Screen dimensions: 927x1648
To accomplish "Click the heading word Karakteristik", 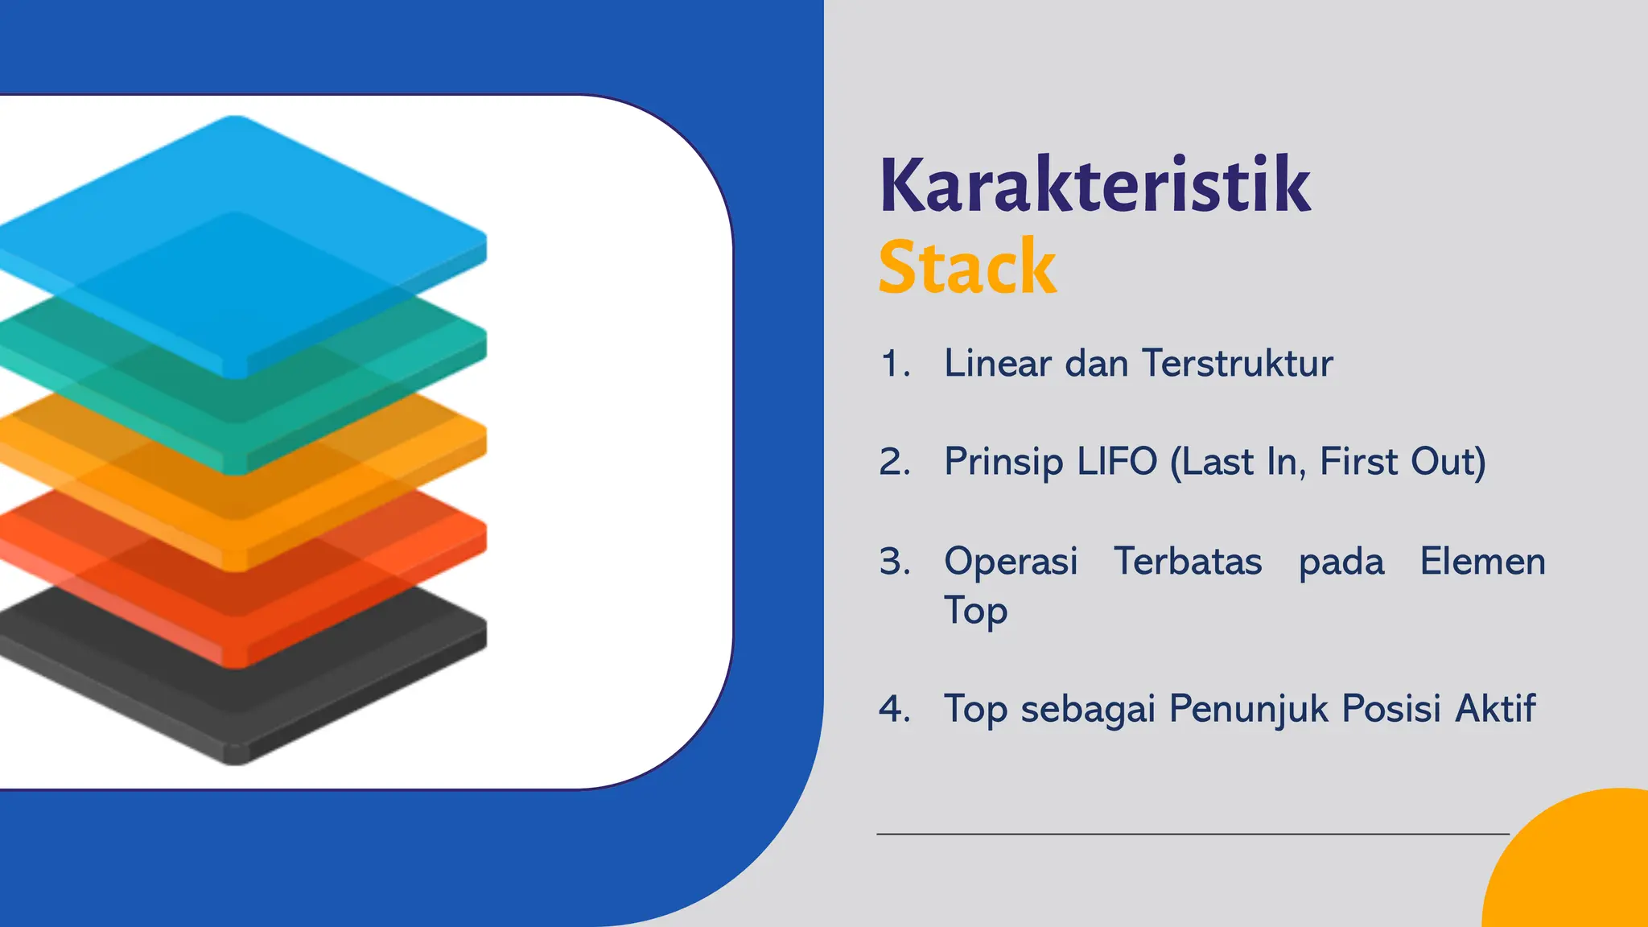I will tap(1094, 187).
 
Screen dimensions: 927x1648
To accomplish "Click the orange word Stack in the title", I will tap(966, 268).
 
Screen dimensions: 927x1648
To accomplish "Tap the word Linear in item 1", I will tap(997, 363).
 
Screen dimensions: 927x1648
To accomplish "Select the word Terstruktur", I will tap(1237, 363).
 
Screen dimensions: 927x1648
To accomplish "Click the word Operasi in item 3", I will tap(1011, 561).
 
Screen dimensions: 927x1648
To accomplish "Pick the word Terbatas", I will tap(1188, 561).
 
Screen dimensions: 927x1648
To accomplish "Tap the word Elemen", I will tap(1482, 561).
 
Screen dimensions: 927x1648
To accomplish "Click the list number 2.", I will tap(894, 463).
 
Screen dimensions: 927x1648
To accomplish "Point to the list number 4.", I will tap(894, 709).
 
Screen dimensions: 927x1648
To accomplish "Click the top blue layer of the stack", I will tap(241, 201).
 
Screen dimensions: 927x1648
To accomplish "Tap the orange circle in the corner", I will tap(1577, 869).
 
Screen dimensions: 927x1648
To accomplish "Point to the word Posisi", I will tap(1390, 709).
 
